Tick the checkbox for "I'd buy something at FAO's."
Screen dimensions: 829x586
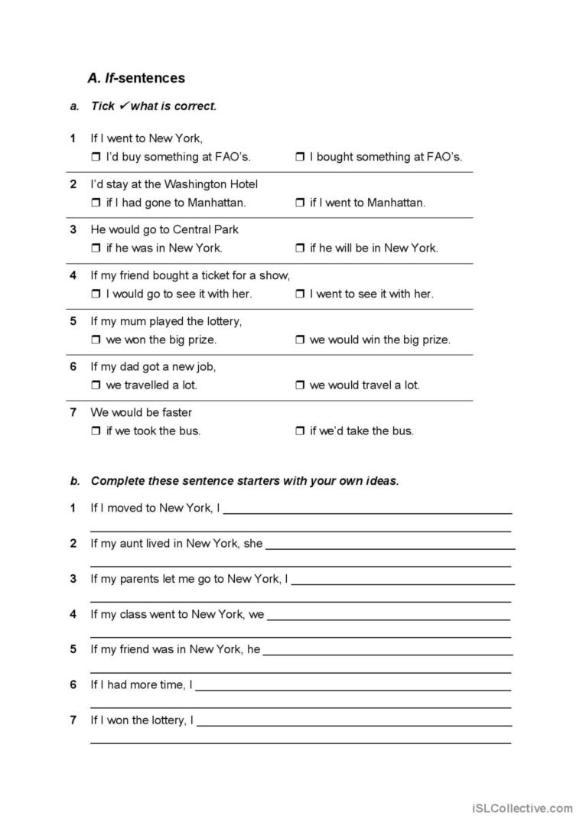coord(96,157)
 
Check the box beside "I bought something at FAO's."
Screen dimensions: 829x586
coord(300,157)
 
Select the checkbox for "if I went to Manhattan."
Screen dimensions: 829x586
coord(300,203)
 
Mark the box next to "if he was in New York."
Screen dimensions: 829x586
coord(96,249)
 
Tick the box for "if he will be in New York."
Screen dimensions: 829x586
coord(300,249)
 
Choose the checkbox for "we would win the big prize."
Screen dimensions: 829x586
coord(300,340)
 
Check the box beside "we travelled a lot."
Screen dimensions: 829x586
coord(96,385)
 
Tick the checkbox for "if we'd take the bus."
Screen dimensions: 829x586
coord(300,431)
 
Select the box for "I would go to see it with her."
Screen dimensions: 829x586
coord(96,294)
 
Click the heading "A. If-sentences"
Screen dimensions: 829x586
coord(136,78)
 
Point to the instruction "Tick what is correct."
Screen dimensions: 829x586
coord(154,106)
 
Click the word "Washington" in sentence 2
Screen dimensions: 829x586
coord(194,184)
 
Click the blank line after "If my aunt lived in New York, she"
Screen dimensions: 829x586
coord(390,545)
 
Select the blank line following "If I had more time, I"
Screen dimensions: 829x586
coord(353,686)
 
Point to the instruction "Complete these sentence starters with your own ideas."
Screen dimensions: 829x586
coord(245,481)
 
